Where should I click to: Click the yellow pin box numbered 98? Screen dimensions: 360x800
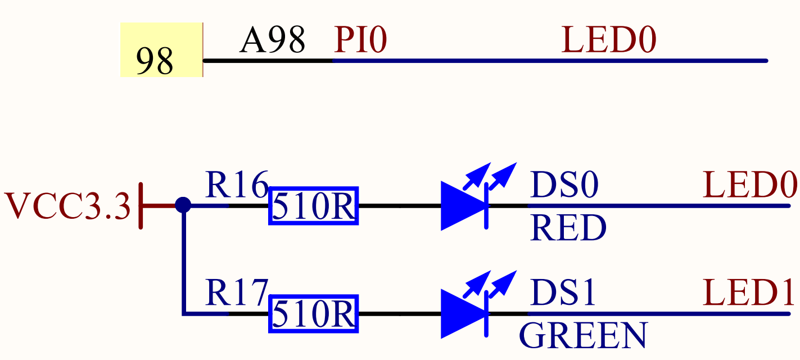click(161, 50)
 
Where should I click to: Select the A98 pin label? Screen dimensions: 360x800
click(272, 40)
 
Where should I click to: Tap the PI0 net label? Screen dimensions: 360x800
click(360, 40)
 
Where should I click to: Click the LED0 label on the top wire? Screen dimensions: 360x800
click(609, 40)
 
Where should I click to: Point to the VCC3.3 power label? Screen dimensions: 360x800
click(67, 206)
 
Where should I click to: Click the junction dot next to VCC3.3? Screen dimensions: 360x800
click(183, 205)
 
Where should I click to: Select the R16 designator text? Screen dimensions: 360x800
click(236, 185)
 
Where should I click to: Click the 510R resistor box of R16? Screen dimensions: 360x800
click(313, 206)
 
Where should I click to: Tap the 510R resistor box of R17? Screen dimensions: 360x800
click(313, 314)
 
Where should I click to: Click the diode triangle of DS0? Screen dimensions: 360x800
click(462, 206)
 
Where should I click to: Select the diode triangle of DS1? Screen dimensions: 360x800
click(462, 314)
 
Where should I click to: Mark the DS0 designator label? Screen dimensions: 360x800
click(564, 185)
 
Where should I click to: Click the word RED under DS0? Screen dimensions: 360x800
click(568, 228)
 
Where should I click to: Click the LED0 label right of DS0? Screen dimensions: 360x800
click(750, 185)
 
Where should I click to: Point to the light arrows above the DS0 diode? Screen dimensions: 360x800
click(490, 175)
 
